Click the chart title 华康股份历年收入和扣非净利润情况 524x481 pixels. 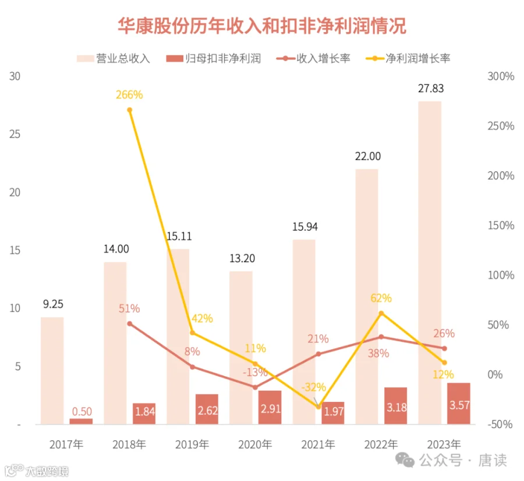(x=262, y=26)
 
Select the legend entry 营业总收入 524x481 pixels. (x=114, y=58)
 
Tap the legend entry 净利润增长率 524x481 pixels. (x=408, y=58)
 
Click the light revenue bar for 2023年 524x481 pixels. (x=430, y=263)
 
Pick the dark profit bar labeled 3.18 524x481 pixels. (x=396, y=406)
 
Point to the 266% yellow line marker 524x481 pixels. (x=130, y=110)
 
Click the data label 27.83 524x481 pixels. (x=431, y=89)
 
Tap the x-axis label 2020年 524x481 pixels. (x=255, y=444)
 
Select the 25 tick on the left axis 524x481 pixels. (x=15, y=134)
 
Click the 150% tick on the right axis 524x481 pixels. (x=501, y=225)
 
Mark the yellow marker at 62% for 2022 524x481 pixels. (x=381, y=313)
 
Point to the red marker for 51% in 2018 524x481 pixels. (x=130, y=324)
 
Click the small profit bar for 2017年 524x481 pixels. (x=81, y=422)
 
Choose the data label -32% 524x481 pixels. (x=313, y=387)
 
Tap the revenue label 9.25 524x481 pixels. (x=53, y=304)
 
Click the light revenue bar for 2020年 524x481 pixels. (x=241, y=348)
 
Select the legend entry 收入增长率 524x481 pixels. (x=313, y=58)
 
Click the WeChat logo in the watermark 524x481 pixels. (x=405, y=460)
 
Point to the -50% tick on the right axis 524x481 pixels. (x=500, y=425)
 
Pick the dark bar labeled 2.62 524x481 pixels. (x=207, y=409)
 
